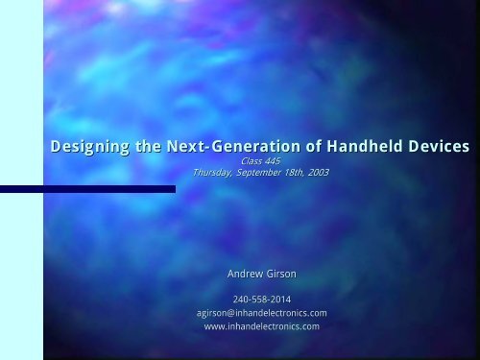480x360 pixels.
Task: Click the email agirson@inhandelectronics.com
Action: coord(261,313)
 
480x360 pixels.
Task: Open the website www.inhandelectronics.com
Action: coord(261,326)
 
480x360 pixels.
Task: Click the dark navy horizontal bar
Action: coord(87,189)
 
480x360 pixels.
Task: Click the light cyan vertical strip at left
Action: coord(21,180)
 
